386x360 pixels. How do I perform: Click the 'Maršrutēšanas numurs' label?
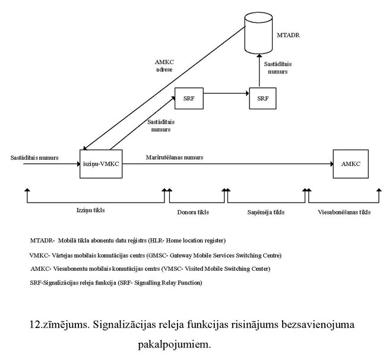(175, 157)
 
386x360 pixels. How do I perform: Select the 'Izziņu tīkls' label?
(94, 210)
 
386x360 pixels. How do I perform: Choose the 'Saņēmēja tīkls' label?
(266, 211)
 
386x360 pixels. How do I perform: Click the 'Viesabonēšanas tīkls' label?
(344, 211)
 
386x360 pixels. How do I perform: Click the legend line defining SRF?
(116, 282)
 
